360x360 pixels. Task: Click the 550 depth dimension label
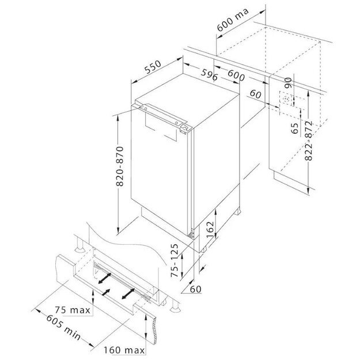tap(153, 67)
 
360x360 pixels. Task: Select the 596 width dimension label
tap(210, 74)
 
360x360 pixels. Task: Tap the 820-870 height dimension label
tap(120, 166)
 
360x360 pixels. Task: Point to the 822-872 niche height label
tap(309, 141)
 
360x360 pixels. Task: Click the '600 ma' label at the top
tap(233, 20)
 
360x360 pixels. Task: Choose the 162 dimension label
tap(210, 230)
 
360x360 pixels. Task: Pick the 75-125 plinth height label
tap(175, 260)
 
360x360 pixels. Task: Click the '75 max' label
tap(73, 310)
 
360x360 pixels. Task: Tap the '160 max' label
tap(124, 350)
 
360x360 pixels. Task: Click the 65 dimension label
tap(294, 128)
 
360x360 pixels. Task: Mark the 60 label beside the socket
tap(256, 94)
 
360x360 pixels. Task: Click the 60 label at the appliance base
tap(196, 289)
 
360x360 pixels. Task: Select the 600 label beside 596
tap(236, 75)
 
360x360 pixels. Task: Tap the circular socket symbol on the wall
tap(286, 99)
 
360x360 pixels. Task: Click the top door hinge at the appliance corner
tap(184, 128)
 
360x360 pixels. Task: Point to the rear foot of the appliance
tap(237, 211)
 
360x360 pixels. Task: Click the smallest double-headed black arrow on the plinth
tap(106, 292)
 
